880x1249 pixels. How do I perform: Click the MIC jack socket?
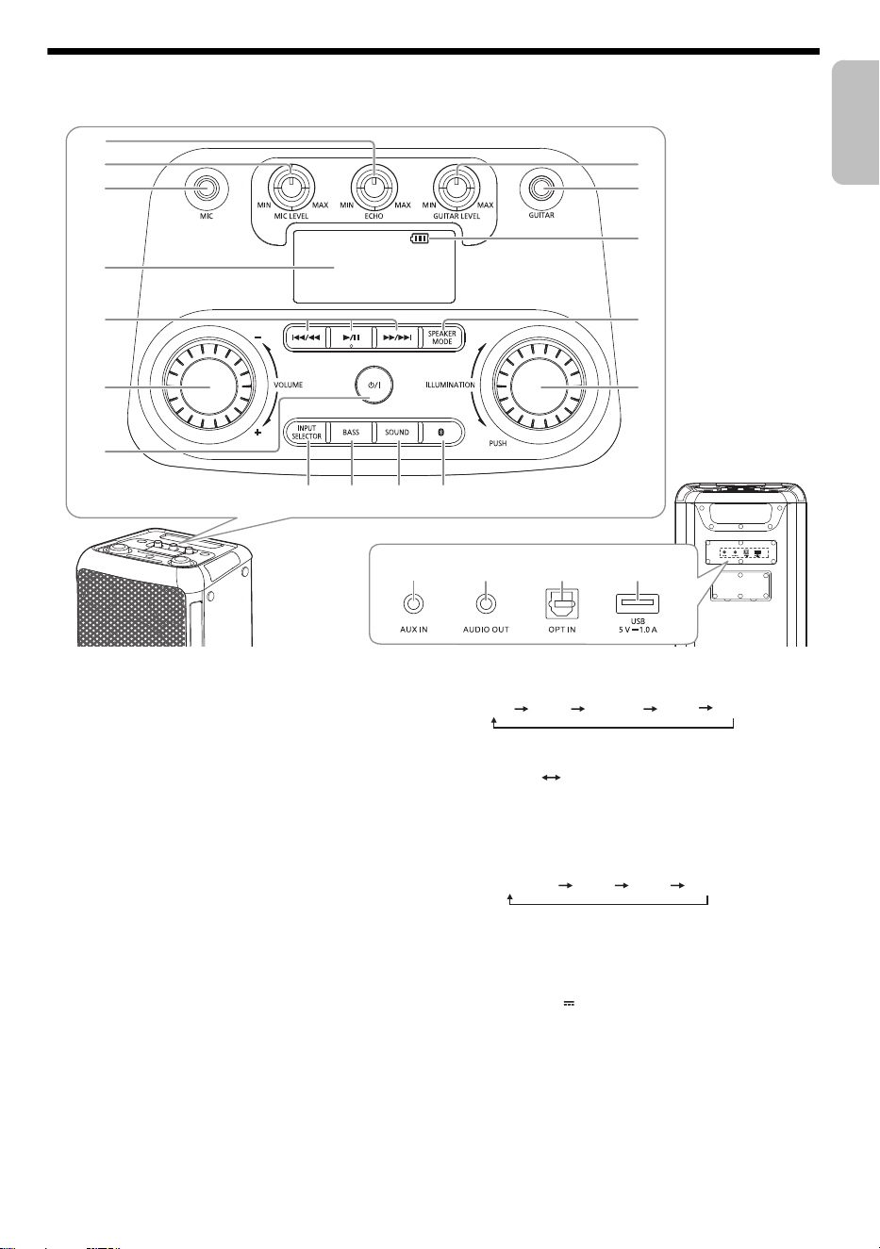tap(207, 189)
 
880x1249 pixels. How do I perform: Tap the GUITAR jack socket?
tap(540, 189)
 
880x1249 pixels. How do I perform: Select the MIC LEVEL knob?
tap(291, 187)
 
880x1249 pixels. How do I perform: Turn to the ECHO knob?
tap(374, 189)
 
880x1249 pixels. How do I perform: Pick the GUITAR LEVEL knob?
tap(457, 187)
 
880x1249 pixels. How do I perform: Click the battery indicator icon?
tap(419, 239)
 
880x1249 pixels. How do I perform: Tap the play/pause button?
tap(351, 337)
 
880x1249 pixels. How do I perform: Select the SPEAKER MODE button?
tap(442, 337)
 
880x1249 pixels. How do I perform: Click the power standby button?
tap(374, 385)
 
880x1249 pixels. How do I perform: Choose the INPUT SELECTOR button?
tap(307, 432)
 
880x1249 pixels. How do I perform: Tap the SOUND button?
tap(397, 432)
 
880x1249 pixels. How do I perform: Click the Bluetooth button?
tap(442, 432)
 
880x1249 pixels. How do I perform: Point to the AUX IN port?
tap(413, 603)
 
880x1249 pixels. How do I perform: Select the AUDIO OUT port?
tap(487, 603)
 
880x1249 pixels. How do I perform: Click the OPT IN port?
tap(562, 603)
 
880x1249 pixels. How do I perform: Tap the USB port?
tap(638, 603)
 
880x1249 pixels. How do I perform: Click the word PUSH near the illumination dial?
tap(498, 443)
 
